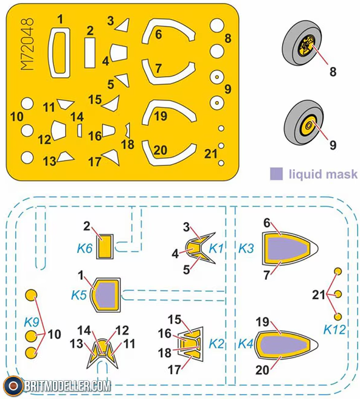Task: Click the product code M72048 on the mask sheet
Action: tap(27, 44)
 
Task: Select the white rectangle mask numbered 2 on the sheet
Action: tap(90, 53)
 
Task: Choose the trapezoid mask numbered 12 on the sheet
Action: tap(59, 130)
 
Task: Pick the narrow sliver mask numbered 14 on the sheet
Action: tap(80, 130)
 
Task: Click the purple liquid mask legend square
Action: tap(276, 174)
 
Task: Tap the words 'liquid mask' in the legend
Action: tap(323, 175)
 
